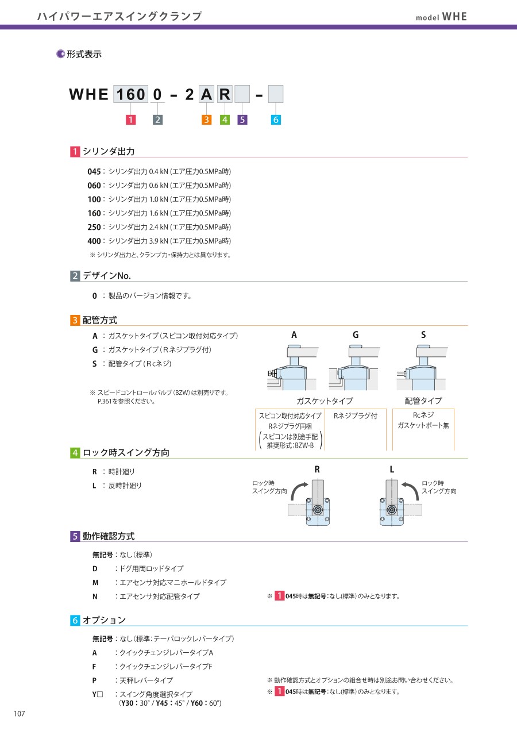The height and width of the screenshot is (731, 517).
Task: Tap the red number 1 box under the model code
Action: coord(132,120)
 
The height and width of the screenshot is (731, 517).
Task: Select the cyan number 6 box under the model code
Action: coord(276,120)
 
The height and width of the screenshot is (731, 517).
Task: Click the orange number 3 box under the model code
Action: coord(207,120)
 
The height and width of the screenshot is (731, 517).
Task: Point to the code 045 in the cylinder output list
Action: coord(94,172)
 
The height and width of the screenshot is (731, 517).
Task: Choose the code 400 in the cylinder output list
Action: coord(94,241)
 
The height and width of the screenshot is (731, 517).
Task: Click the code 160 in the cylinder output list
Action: coord(94,213)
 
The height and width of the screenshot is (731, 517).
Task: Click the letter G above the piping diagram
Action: coord(356,335)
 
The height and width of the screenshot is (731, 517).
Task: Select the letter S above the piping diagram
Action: coord(423,335)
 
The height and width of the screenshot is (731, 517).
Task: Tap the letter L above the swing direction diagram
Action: coord(392,470)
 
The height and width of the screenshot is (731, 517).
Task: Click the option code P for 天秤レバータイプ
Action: coord(95,680)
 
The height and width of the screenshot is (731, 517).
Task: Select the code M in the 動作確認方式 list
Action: coord(95,583)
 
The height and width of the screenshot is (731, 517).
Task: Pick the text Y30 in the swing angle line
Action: coord(129,703)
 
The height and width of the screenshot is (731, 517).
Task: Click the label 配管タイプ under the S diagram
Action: coord(423,401)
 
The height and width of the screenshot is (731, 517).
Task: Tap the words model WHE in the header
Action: coord(441,17)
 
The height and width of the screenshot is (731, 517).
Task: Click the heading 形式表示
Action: coord(84,55)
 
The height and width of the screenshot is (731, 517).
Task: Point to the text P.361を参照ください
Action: coord(126,401)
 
